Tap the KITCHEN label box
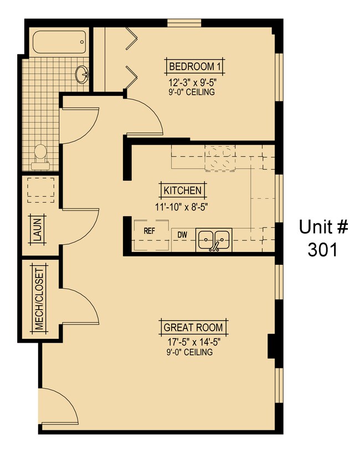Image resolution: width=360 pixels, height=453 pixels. click(x=182, y=191)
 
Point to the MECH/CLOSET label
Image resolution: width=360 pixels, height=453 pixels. click(x=39, y=300)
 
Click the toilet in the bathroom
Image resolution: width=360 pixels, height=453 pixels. click(x=39, y=155)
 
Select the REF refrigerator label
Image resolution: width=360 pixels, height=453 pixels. click(x=149, y=231)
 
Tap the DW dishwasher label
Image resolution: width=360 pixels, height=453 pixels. click(x=182, y=235)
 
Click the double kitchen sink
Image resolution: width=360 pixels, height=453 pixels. click(x=214, y=239)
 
